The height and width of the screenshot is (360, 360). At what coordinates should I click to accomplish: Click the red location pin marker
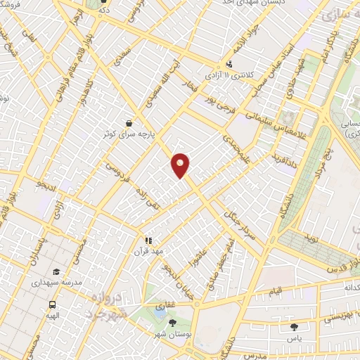coord(181,165)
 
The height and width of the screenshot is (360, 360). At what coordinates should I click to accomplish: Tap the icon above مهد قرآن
coord(148,240)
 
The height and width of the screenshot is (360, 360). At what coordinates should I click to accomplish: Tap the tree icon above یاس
coord(293,327)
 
